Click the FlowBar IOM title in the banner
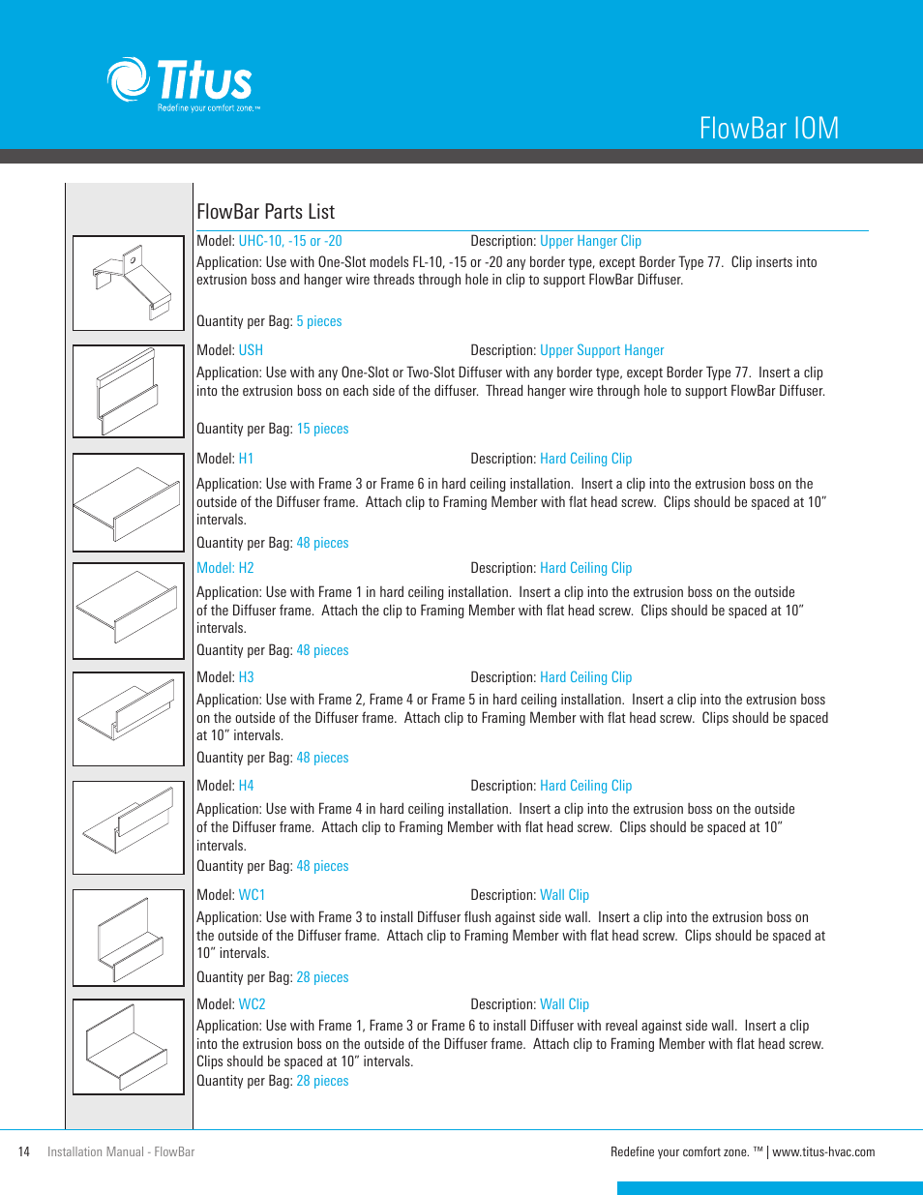pos(768,129)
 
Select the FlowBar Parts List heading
pos(265,212)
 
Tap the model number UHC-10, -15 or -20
pos(290,241)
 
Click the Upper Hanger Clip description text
pos(590,241)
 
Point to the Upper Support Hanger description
pos(602,350)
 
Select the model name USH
pos(251,350)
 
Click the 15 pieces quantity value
pos(322,429)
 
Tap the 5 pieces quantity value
pos(319,321)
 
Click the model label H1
pos(246,459)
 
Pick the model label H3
pos(246,677)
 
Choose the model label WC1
pos(252,895)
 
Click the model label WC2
pos(252,1004)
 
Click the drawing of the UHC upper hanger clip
pos(129,284)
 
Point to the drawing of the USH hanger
pos(129,392)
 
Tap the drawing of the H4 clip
pos(129,828)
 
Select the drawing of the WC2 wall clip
pos(129,1047)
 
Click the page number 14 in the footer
pos(24,1151)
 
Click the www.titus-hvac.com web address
pos(823,1151)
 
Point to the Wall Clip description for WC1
pos(564,895)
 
